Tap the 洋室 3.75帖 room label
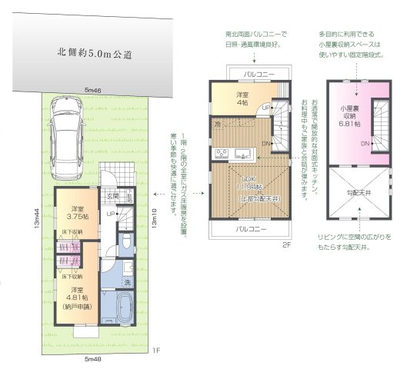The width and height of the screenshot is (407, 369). point(76,214)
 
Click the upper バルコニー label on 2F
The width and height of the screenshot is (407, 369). point(251,74)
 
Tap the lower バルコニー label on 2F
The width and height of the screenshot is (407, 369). point(251,229)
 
